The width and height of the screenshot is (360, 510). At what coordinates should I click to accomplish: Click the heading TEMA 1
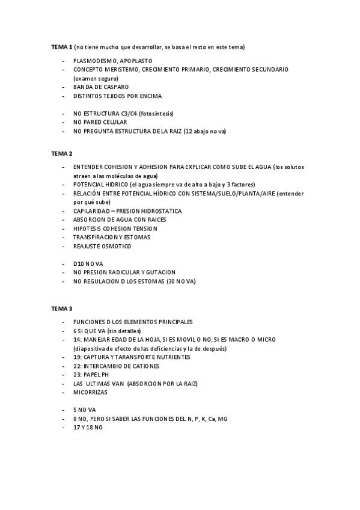point(61,47)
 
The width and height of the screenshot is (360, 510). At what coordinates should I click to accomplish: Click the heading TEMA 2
point(61,153)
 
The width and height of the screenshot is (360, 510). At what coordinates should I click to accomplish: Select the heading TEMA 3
point(61,309)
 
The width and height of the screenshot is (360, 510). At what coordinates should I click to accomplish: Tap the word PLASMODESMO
point(95,61)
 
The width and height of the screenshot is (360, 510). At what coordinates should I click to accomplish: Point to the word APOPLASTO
point(136,61)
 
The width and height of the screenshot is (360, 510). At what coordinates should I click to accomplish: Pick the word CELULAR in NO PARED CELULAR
point(114,122)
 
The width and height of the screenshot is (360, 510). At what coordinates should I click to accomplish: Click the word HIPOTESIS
point(89,229)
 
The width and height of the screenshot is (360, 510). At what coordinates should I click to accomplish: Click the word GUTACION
point(158,272)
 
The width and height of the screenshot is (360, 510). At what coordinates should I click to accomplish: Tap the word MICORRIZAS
point(90,392)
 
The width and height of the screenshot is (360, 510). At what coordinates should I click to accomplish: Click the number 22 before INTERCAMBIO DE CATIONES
point(76,366)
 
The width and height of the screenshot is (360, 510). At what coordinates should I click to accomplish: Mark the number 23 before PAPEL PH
point(76,375)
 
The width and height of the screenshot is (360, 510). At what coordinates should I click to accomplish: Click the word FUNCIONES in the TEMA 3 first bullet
point(90,322)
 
